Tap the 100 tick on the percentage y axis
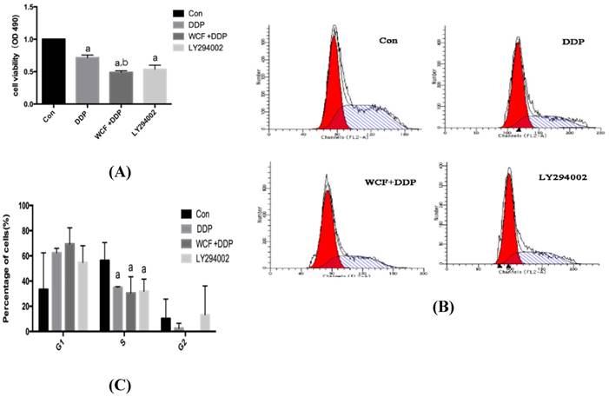(x=26, y=207)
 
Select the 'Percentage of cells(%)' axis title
(x=8, y=268)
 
